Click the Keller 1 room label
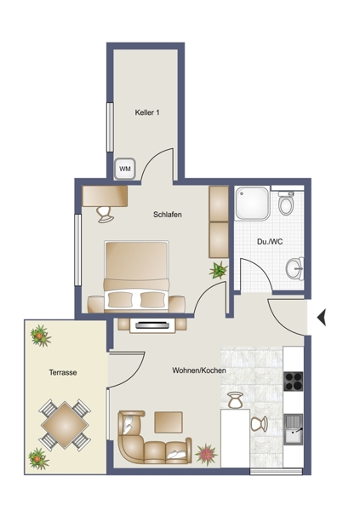(147, 112)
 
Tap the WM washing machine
(125, 169)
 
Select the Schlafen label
(168, 215)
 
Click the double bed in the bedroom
(136, 276)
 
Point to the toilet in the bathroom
(286, 203)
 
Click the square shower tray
(253, 203)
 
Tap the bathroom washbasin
(294, 268)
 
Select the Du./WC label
(270, 242)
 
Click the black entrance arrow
(322, 317)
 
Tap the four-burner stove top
(294, 381)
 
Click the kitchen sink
(294, 429)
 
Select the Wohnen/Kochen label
(199, 370)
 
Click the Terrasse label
(63, 372)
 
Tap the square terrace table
(65, 425)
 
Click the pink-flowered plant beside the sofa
(206, 454)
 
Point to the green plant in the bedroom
(218, 270)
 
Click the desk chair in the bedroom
(106, 215)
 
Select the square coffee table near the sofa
(169, 422)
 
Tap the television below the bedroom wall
(152, 325)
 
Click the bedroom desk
(105, 196)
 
